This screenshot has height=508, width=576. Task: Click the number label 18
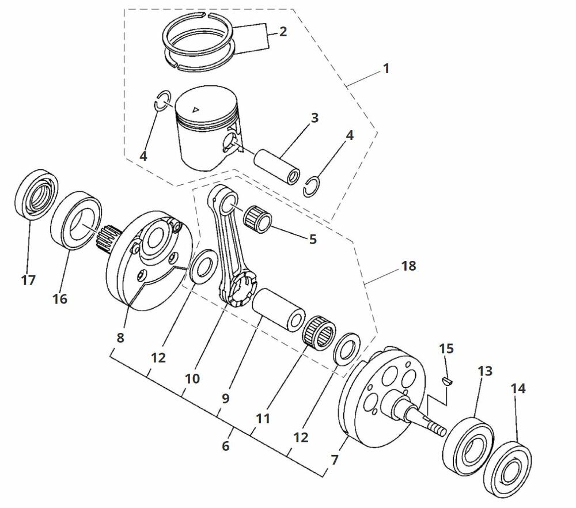click(x=409, y=266)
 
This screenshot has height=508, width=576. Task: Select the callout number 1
click(x=386, y=69)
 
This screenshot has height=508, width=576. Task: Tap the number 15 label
click(x=446, y=348)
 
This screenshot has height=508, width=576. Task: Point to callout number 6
click(x=225, y=446)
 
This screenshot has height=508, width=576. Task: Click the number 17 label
click(x=28, y=280)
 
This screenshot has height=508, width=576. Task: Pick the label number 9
click(x=224, y=398)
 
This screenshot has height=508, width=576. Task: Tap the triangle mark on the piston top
click(x=196, y=109)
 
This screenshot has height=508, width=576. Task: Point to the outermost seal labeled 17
click(x=36, y=194)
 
